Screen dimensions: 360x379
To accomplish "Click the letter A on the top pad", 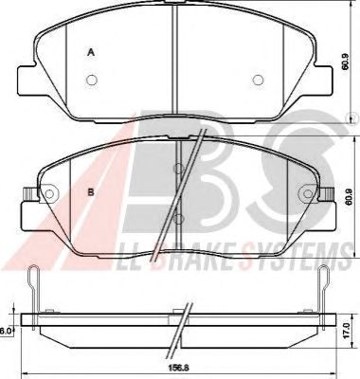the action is coord(91,52).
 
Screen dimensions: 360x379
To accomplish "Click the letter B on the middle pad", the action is coord(91,192).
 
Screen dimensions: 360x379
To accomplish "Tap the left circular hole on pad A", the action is coord(92,81).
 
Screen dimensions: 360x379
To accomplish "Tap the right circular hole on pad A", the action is coord(258,81).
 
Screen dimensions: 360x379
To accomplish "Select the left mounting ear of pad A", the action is coord(27,80).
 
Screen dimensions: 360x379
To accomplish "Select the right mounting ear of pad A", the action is coord(323,80).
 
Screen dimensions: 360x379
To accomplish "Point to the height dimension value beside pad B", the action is coord(349,197).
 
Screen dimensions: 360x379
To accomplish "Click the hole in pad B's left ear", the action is coord(49,193).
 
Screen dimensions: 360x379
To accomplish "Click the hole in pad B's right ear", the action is coord(308,193).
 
